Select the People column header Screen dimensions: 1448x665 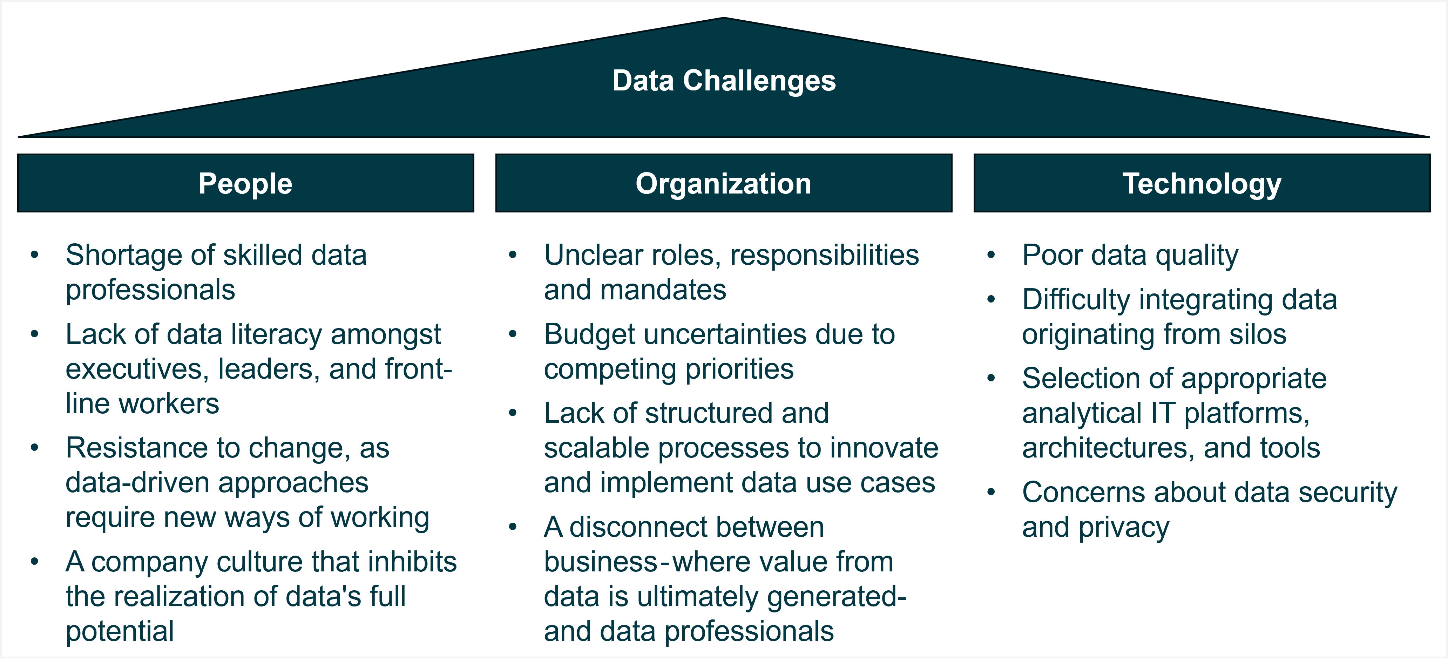click(246, 183)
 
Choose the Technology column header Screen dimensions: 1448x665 click(1202, 183)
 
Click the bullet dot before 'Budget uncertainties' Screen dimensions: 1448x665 click(513, 334)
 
